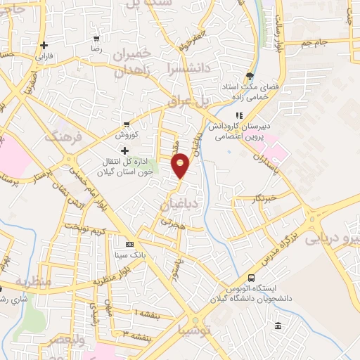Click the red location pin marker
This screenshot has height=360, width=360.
(181, 164)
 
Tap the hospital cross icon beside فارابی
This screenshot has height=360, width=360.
(44, 45)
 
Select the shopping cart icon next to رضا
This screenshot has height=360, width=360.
(96, 39)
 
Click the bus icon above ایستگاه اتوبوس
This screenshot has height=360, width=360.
(252, 278)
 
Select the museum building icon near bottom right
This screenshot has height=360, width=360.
(278, 326)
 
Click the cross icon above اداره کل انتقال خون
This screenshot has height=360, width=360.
(125, 150)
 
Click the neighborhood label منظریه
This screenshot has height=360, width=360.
(33, 282)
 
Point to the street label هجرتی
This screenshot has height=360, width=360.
(172, 220)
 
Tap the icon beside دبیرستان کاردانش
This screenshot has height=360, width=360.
(239, 115)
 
